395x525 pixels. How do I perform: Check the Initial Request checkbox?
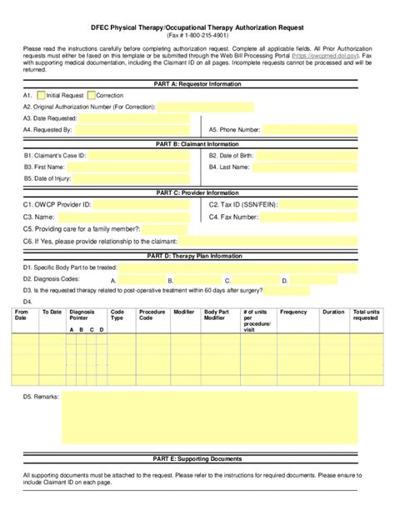[x=41, y=96]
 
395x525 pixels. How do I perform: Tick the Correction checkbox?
[x=92, y=96]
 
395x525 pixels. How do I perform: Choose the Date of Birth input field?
[x=312, y=156]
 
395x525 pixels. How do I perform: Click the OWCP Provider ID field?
[x=142, y=204]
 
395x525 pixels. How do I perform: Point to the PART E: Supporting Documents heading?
[x=197, y=458]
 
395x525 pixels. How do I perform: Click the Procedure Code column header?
[x=152, y=315]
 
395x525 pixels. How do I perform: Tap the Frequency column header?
[x=293, y=312]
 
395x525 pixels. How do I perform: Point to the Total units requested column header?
[x=365, y=315]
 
